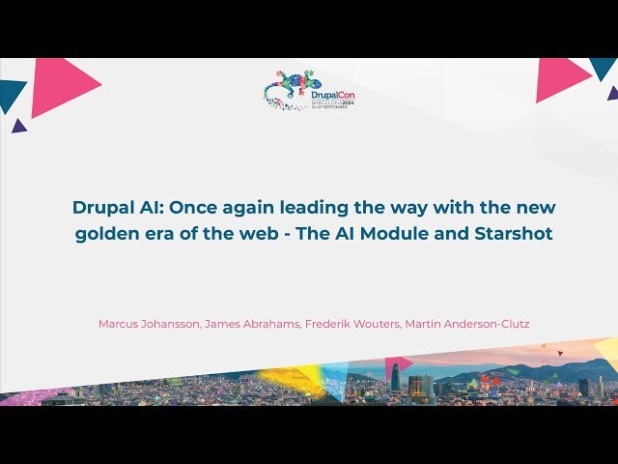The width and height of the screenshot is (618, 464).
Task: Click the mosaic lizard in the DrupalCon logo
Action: point(290,87)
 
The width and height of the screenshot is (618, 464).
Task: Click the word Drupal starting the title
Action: point(101,208)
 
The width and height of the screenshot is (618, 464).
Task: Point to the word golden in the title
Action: point(105,234)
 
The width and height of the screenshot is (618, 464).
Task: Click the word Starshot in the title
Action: point(516,234)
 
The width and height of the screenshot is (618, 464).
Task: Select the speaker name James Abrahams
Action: point(249,324)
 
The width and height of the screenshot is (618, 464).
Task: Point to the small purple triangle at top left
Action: point(18,125)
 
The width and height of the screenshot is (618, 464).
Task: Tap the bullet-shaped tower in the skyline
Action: point(396,377)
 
